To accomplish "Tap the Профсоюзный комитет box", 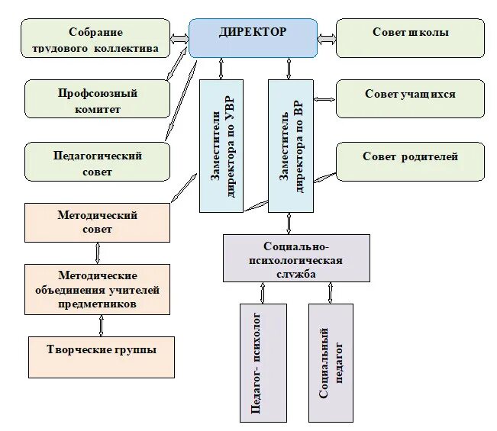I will click(97, 99).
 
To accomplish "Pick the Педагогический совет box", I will click(97, 162).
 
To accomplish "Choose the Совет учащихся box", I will click(410, 98).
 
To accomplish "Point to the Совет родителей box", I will click(410, 161).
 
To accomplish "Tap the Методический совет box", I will click(97, 222).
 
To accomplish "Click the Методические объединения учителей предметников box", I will click(97, 289).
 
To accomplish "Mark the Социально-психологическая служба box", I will click(296, 258).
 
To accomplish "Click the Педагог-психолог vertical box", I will click(263, 362).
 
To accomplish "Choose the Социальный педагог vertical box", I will click(331, 362).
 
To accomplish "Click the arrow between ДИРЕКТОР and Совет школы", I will click(327, 36).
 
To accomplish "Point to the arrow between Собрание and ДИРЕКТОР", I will click(180, 37).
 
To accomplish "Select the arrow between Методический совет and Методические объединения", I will click(98, 252).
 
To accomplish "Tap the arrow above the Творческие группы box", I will click(101, 326).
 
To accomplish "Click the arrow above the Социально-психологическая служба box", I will click(289, 223).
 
